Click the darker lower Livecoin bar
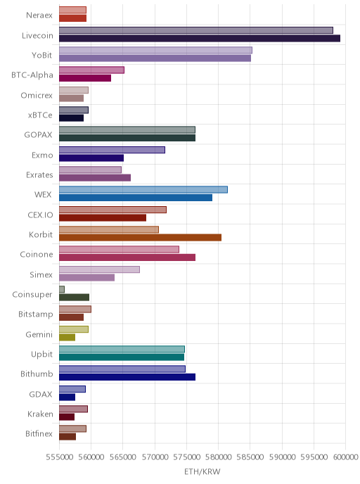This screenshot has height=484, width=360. click(x=200, y=38)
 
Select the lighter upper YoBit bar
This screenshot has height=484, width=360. click(x=155, y=50)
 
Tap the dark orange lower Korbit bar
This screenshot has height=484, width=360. click(x=141, y=237)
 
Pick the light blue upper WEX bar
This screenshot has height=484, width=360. click(x=143, y=189)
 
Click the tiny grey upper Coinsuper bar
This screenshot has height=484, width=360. click(x=62, y=289)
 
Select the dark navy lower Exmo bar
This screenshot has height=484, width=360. click(x=91, y=158)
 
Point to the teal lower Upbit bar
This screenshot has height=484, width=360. click(x=122, y=357)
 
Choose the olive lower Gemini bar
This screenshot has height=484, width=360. click(x=67, y=337)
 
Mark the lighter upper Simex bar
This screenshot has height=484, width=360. click(x=99, y=269)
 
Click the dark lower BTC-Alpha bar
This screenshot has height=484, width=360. click(x=85, y=78)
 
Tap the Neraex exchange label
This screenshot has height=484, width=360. click(x=39, y=15)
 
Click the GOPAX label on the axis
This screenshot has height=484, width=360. click(x=38, y=134)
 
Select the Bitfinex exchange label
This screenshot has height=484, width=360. click(x=39, y=433)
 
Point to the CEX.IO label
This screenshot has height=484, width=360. click(x=40, y=215)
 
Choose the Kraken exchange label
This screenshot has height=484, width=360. click(x=40, y=414)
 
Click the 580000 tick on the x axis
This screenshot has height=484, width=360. click(x=218, y=457)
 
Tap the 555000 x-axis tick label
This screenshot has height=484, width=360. click(x=59, y=457)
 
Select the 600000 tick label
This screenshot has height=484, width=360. click(x=345, y=457)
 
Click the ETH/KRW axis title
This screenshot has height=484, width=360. click(x=202, y=471)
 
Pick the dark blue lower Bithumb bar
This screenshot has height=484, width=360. click(x=127, y=377)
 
